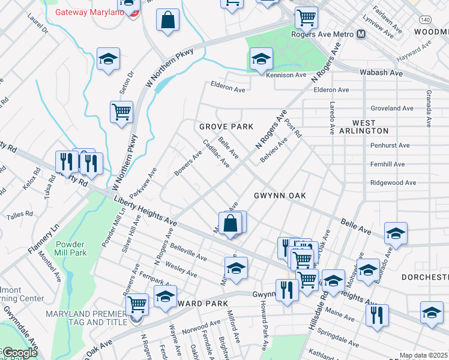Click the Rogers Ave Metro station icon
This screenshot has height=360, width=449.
361,34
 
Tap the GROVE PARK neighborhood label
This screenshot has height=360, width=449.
226,127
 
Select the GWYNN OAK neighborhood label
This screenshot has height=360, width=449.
280,196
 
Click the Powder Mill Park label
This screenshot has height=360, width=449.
71,248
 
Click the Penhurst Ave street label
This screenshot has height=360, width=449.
390,145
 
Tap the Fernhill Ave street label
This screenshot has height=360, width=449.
387,164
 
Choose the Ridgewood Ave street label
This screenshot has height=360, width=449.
393,182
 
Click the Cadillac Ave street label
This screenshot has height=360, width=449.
216,153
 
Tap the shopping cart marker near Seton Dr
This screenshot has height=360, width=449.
121,112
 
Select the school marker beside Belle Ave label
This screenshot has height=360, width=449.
396,233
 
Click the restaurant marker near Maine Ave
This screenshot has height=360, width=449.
377,314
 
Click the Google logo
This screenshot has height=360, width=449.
19,353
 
